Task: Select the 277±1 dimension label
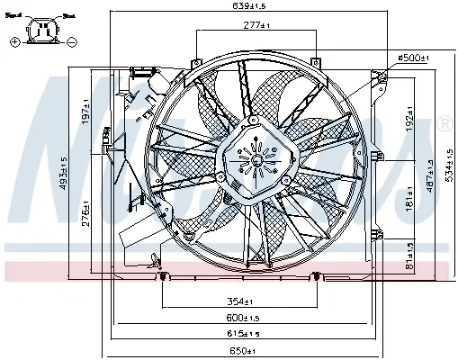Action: coord(257,25)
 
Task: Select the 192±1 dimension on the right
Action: coord(409,126)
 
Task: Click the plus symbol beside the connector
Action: coord(14,41)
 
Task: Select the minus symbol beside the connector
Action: coord(72,41)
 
